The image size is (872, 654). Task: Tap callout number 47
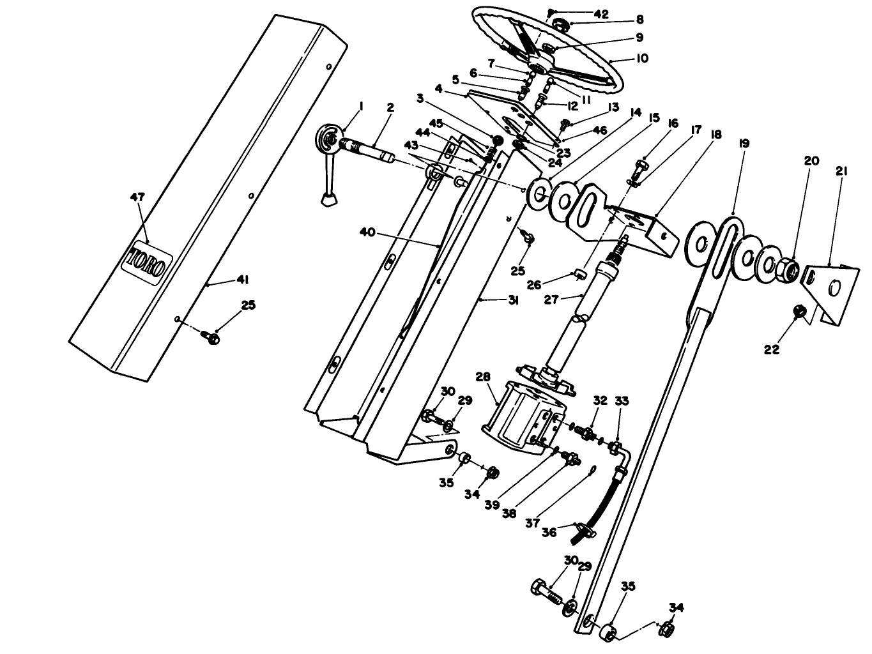coord(138,197)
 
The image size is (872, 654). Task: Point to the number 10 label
coord(641,58)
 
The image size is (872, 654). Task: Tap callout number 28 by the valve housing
coord(482,377)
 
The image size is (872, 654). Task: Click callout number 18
coord(715,135)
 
